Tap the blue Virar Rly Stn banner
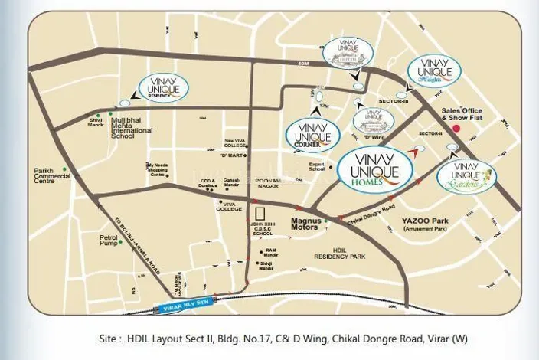tap(190, 306)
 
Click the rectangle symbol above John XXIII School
tap(262, 213)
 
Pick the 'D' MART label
tap(232, 155)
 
